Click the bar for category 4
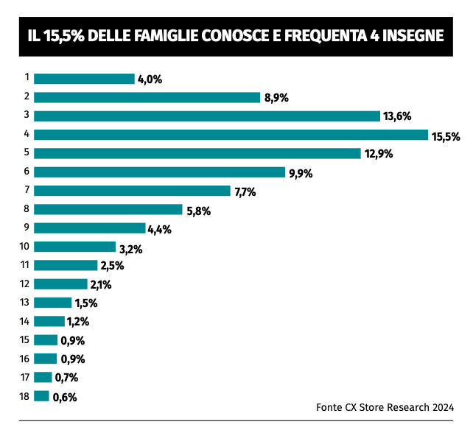coord(231,134)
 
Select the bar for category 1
coord(84,78)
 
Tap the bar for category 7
coord(132,191)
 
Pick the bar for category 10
coord(74,247)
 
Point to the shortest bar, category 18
coord(41,396)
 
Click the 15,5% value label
coord(446,135)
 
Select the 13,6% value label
coord(396,116)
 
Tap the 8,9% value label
coord(276,98)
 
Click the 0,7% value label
coord(66,378)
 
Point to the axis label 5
coord(26,152)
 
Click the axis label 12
coord(24,283)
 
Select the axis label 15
coord(24,339)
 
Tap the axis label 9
coord(26,228)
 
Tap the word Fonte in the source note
coord(330,406)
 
